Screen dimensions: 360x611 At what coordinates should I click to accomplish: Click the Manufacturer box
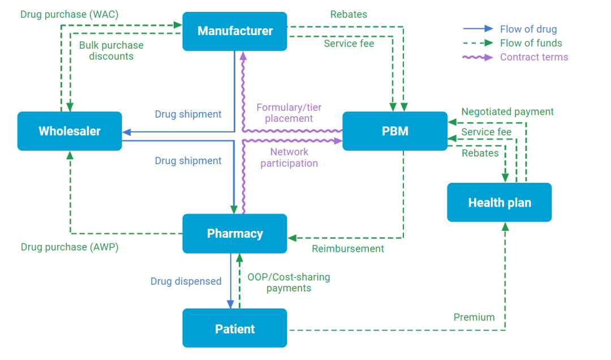pyautogui.click(x=235, y=31)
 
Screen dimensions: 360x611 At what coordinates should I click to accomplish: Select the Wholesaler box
pyautogui.click(x=70, y=131)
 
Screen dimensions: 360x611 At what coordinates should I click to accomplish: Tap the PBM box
pyautogui.click(x=395, y=131)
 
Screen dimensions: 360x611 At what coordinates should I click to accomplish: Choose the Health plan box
pyautogui.click(x=500, y=203)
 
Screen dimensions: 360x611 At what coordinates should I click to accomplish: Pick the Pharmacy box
pyautogui.click(x=235, y=233)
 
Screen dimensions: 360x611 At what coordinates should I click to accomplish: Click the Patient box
pyautogui.click(x=235, y=328)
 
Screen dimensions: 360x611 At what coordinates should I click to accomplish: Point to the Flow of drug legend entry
pyautogui.click(x=528, y=29)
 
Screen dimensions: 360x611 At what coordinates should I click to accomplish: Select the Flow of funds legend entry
pyautogui.click(x=531, y=43)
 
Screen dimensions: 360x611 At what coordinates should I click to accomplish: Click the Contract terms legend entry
pyautogui.click(x=533, y=57)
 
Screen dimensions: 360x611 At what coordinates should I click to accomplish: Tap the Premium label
pyautogui.click(x=474, y=318)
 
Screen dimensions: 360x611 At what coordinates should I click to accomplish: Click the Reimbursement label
pyautogui.click(x=348, y=248)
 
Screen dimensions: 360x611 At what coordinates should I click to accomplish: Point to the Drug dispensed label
pyautogui.click(x=186, y=281)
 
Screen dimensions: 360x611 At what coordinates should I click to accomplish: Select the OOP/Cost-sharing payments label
pyautogui.click(x=289, y=282)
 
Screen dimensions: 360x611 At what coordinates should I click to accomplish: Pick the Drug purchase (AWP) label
pyautogui.click(x=70, y=247)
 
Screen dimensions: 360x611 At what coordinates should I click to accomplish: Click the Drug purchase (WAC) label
pyautogui.click(x=69, y=14)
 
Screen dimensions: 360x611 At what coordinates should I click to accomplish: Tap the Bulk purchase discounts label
pyautogui.click(x=111, y=50)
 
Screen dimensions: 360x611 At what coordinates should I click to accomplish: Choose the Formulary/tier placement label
pyautogui.click(x=289, y=113)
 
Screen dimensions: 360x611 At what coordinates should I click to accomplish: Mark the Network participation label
pyautogui.click(x=289, y=157)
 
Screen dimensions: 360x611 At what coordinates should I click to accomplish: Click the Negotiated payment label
pyautogui.click(x=507, y=112)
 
